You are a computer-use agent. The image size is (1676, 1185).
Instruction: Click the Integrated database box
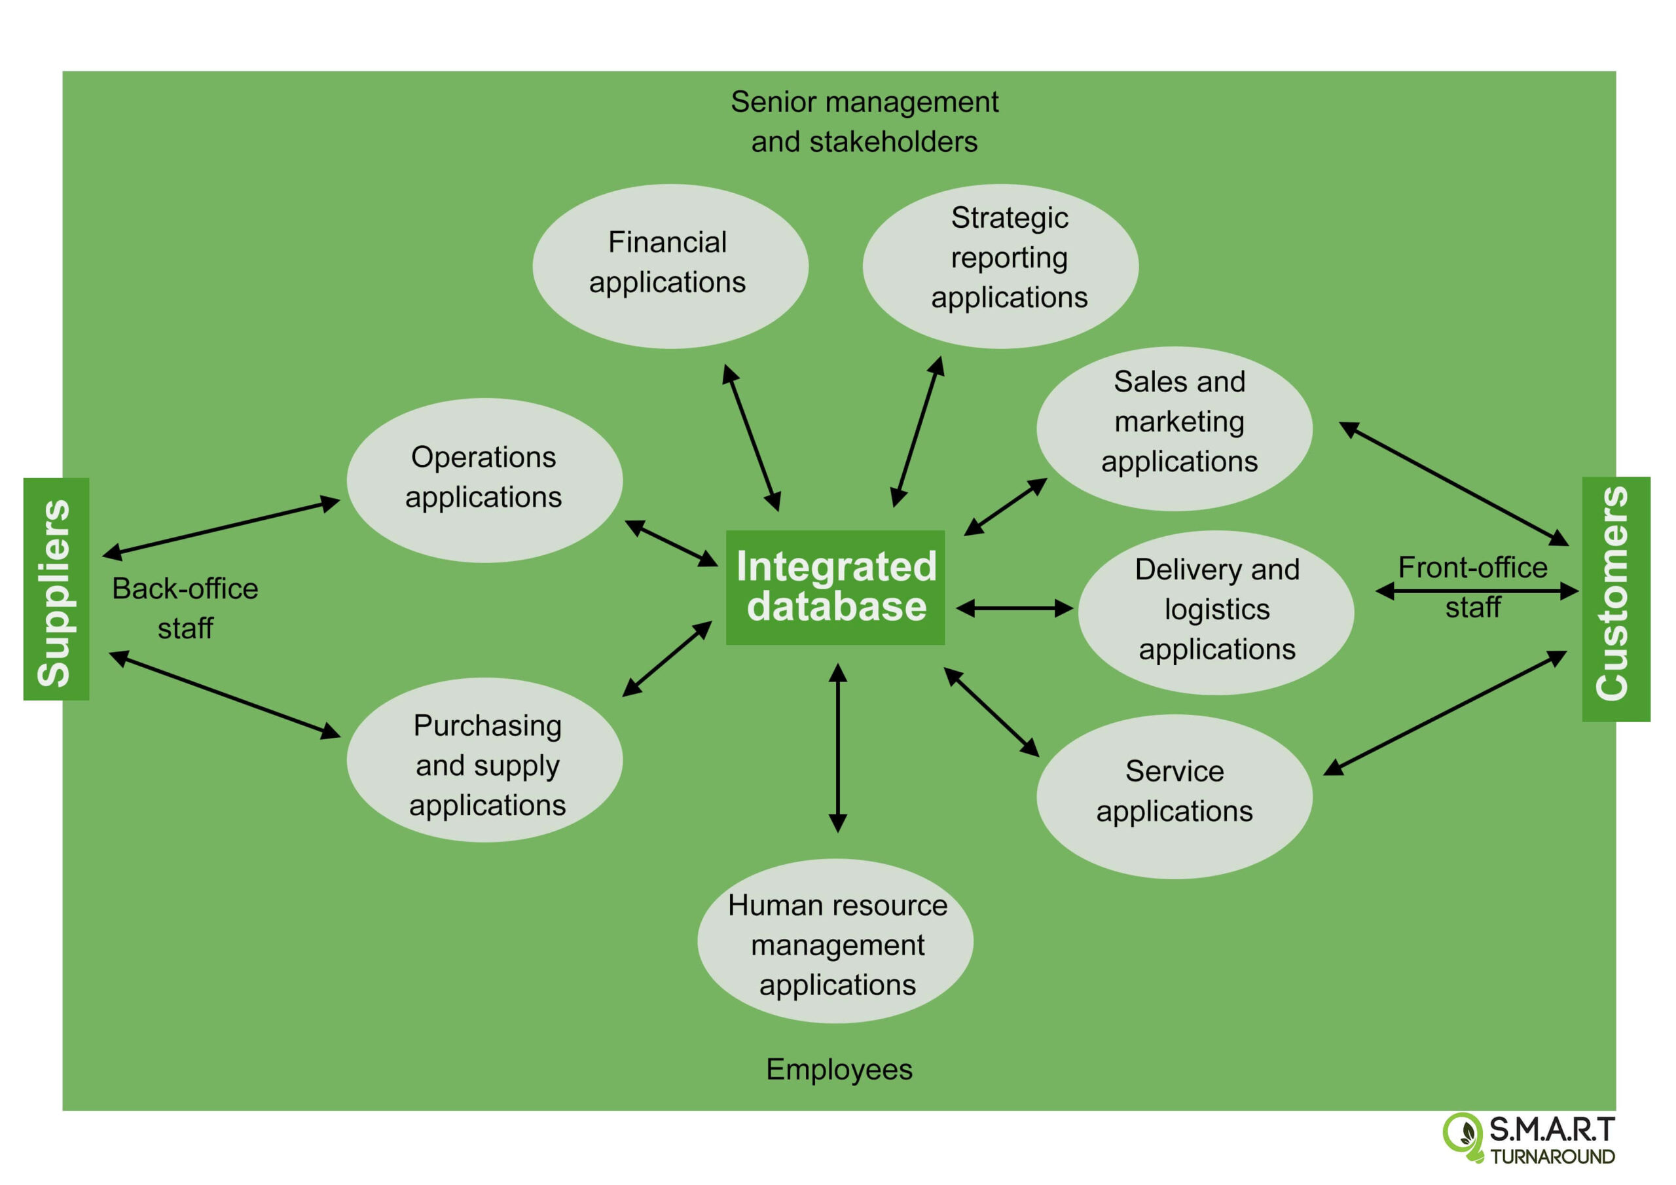835,587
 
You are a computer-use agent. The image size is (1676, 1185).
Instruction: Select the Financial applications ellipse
670,266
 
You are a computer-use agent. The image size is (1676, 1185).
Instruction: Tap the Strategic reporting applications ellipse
1000,266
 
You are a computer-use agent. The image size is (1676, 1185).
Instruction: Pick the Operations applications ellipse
484,480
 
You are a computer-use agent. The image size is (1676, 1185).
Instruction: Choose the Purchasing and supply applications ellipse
484,759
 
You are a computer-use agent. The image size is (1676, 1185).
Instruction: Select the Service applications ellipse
1174,796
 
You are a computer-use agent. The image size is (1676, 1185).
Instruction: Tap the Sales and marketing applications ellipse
1174,428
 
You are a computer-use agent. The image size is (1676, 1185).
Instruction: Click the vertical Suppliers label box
56,589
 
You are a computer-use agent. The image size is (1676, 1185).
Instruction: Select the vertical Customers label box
1615,598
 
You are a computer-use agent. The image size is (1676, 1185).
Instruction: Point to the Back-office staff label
185,608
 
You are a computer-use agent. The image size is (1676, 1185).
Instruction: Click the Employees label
839,1069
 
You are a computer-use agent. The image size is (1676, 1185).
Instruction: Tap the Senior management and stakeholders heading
864,121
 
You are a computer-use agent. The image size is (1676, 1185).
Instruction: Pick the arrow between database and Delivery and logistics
1014,608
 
